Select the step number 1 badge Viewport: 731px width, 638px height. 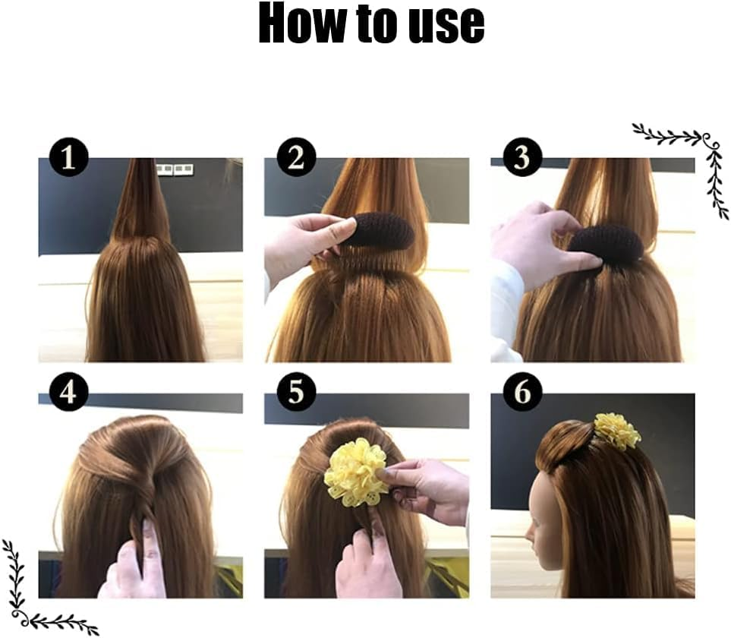[x=69, y=158]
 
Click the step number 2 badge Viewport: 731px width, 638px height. [x=295, y=158]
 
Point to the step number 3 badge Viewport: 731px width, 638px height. [x=521, y=158]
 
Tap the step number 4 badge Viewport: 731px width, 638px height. [x=69, y=393]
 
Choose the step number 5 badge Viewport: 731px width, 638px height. [x=295, y=393]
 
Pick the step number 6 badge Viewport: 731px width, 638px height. [x=522, y=393]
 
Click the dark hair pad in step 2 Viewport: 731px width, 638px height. [x=380, y=230]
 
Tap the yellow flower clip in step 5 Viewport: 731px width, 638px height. [x=355, y=472]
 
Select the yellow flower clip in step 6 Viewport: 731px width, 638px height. [x=617, y=431]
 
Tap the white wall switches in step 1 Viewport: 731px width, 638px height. [x=174, y=169]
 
